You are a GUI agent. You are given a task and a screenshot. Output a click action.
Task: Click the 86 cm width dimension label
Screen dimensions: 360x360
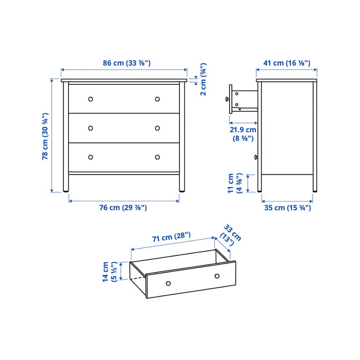[126, 63]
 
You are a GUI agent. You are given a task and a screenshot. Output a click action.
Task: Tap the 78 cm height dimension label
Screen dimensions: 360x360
[45, 136]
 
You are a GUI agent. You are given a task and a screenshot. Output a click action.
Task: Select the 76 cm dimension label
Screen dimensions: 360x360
[123, 208]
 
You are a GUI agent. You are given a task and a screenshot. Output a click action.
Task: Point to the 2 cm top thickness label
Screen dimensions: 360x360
[203, 79]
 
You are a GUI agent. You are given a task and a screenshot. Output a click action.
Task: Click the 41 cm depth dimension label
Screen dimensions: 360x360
[287, 63]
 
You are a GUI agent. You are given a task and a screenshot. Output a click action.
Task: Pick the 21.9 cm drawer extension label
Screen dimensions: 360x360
[243, 134]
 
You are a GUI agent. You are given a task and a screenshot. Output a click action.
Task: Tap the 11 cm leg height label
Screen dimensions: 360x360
[235, 183]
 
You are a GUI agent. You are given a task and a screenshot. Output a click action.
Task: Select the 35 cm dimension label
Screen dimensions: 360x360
[287, 208]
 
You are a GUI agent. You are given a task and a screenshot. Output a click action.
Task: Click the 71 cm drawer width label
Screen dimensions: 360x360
[171, 237]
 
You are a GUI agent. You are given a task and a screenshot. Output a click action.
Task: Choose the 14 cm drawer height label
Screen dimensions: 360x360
[110, 272]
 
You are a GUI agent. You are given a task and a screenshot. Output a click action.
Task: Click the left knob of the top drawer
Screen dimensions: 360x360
[91, 99]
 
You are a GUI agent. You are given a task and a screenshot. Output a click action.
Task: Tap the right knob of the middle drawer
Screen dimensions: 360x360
[157, 128]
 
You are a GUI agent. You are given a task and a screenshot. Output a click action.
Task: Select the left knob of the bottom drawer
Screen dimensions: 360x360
[91, 157]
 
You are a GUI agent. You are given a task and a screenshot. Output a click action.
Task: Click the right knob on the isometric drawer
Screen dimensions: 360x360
[217, 276]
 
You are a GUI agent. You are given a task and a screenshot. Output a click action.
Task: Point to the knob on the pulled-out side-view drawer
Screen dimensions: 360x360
[227, 99]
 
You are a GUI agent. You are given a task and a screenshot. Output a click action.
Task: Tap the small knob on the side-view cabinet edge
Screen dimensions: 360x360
[256, 157]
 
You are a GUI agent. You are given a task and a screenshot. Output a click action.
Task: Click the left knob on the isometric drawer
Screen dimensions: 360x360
[168, 284]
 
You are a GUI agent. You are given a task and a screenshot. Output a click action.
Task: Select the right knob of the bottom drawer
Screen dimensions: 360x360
[157, 157]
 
